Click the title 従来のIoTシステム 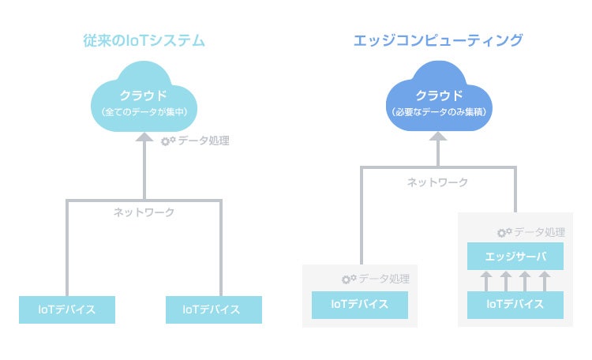pos(144,39)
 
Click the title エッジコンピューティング pos(438,39)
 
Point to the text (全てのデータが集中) pos(144,113)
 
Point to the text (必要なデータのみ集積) pos(438,113)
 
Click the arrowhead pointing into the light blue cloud pos(144,137)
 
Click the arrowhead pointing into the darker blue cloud pos(438,137)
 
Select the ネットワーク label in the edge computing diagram pos(437,182)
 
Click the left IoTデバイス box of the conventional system pos(67,309)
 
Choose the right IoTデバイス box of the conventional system pos(213,309)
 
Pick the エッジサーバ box pos(515,256)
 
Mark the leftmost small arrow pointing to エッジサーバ pos(486,280)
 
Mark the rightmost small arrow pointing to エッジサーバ pos(544,280)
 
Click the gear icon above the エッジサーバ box pos(503,233)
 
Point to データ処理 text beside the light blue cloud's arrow pos(203,141)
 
